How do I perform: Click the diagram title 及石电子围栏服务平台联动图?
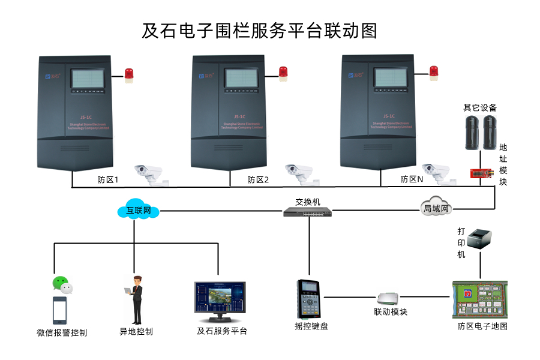click(x=259, y=30)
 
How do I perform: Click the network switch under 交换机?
click(x=307, y=212)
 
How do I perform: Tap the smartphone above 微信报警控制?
click(x=59, y=310)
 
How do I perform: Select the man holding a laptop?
click(x=136, y=299)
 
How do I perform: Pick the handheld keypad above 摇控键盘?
click(x=310, y=299)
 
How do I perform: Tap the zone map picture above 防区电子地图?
click(x=480, y=300)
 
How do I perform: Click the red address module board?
click(x=482, y=173)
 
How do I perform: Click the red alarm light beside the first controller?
click(x=129, y=74)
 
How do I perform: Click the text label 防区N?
click(x=412, y=179)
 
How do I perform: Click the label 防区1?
click(x=108, y=179)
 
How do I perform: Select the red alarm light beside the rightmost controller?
click(x=434, y=72)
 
